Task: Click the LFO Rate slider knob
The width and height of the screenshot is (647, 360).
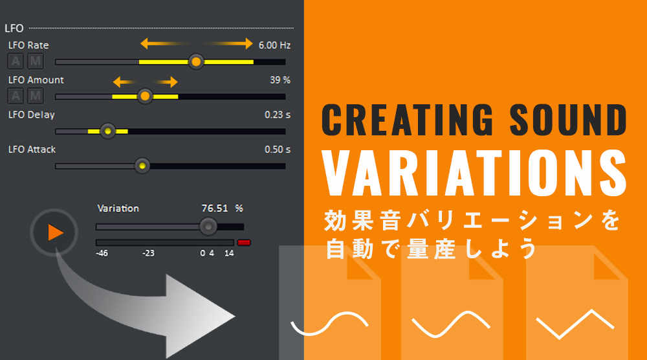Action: click(196, 62)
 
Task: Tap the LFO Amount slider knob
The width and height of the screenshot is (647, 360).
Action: click(145, 96)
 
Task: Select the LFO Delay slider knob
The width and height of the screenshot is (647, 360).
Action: click(107, 131)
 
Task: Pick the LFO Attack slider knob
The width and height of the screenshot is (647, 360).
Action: click(142, 166)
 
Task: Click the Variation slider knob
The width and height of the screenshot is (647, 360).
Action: click(208, 227)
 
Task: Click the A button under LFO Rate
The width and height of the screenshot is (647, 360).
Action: click(16, 61)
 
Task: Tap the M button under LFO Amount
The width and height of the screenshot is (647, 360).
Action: click(36, 96)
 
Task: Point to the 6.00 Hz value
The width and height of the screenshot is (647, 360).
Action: click(274, 45)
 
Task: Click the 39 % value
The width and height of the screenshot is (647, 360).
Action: click(280, 80)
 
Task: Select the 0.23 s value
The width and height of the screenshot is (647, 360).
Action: click(278, 115)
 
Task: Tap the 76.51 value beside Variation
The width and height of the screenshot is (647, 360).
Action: click(215, 208)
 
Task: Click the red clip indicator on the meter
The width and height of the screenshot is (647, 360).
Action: click(244, 242)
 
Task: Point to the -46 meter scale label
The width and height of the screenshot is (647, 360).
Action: click(102, 253)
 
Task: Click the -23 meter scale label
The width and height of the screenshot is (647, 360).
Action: click(148, 253)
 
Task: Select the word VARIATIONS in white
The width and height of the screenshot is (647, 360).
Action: click(474, 173)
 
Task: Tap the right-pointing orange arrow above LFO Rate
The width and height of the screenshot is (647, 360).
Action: click(228, 43)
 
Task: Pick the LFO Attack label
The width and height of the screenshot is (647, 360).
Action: click(32, 150)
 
